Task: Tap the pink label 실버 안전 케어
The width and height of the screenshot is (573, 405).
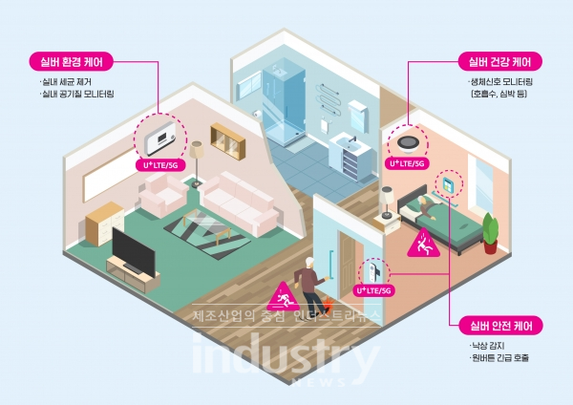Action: click(x=500, y=325)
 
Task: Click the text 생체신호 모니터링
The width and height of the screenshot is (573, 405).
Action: click(x=500, y=83)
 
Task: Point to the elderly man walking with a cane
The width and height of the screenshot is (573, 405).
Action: click(x=308, y=283)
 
